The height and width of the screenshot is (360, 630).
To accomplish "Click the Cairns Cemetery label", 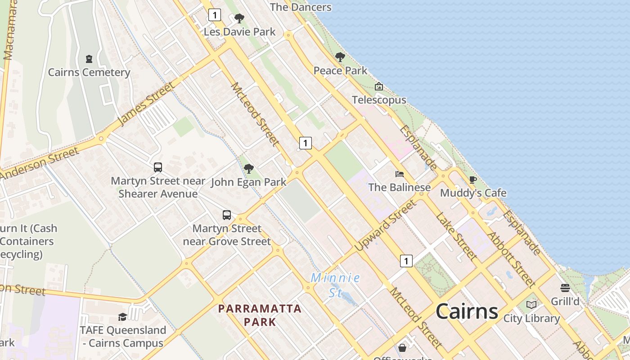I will [x=89, y=72].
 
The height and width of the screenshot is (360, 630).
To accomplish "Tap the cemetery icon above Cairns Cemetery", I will [x=89, y=59].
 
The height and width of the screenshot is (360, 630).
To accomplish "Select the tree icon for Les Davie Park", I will [x=239, y=18].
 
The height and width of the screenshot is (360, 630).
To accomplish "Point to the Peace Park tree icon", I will [x=340, y=57].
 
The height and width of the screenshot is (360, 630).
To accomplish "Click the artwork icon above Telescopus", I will [x=379, y=86].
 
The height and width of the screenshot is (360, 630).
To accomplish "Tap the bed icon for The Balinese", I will [x=399, y=174].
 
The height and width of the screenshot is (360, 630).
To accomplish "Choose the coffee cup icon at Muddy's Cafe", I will [x=473, y=180].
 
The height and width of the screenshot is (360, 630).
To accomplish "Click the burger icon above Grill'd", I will [x=565, y=288].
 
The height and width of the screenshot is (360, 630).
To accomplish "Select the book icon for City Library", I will [x=531, y=305].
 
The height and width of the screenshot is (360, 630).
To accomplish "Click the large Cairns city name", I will [x=467, y=311].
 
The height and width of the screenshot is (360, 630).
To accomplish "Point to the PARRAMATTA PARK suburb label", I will [x=260, y=315].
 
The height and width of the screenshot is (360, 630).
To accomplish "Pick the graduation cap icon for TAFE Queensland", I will [x=122, y=317].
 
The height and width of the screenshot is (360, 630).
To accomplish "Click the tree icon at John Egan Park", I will [x=248, y=169].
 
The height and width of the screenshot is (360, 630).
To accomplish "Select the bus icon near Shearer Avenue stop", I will [x=158, y=167].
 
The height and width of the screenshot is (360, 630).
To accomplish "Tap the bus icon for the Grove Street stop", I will [x=227, y=215].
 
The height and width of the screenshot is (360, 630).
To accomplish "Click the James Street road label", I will [x=145, y=104].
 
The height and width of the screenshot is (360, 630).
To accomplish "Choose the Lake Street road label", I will [x=456, y=236].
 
